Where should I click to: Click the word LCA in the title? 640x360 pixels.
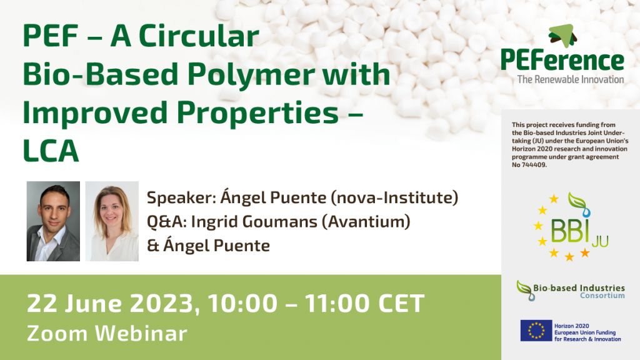(x=52, y=151)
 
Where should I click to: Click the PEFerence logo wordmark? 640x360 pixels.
(x=562, y=61)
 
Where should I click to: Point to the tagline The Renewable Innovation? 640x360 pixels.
(x=570, y=79)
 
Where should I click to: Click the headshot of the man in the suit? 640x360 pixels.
(x=53, y=221)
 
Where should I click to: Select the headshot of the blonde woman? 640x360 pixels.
(x=112, y=221)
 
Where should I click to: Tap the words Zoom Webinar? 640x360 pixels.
(x=107, y=332)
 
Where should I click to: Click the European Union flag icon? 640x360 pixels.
(x=536, y=331)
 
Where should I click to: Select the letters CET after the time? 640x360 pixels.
(x=399, y=304)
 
